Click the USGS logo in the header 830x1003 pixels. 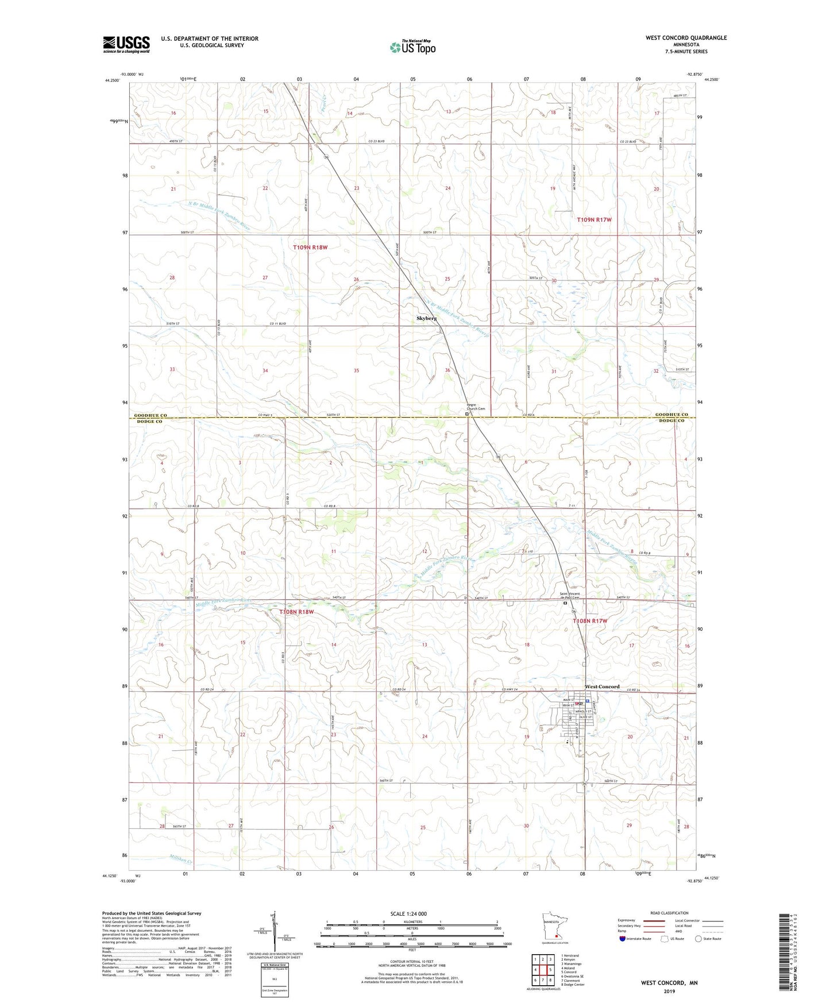pyautogui.click(x=126, y=44)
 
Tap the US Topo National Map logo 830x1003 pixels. pyautogui.click(x=412, y=47)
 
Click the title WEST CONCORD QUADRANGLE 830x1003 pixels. pyautogui.click(x=686, y=38)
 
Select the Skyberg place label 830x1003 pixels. pyautogui.click(x=426, y=318)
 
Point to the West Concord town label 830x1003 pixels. pyautogui.click(x=602, y=687)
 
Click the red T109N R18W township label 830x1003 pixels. pyautogui.click(x=310, y=248)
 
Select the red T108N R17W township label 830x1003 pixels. pyautogui.click(x=590, y=621)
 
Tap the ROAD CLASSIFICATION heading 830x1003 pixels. pyautogui.click(x=669, y=913)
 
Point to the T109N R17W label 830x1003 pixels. pyautogui.click(x=594, y=220)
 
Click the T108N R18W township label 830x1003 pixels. pyautogui.click(x=296, y=612)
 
